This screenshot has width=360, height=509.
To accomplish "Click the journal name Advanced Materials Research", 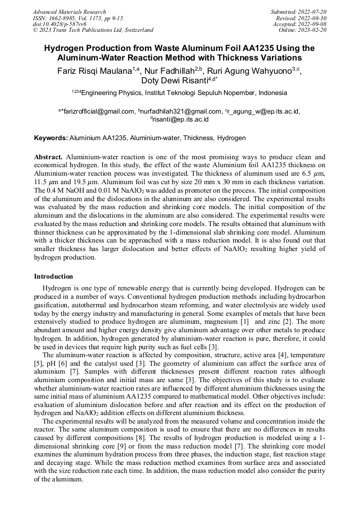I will (x=69, y=12).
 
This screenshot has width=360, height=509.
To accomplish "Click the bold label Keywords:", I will (x=51, y=138).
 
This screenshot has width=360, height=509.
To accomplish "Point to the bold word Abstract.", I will (x=49, y=158).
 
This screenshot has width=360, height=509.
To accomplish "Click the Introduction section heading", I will (x=54, y=277).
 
